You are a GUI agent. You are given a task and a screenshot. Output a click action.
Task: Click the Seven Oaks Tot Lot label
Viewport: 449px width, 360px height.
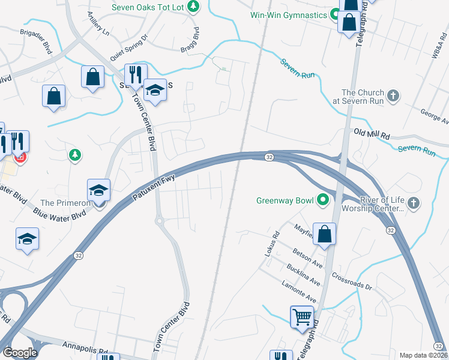(x=147, y=7)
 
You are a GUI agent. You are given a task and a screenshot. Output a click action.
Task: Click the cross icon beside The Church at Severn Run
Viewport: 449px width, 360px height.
(x=393, y=97)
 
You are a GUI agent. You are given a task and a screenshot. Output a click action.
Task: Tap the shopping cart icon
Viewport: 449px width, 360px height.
(x=303, y=316)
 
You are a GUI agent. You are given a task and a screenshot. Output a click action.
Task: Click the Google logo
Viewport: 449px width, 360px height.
(x=20, y=352)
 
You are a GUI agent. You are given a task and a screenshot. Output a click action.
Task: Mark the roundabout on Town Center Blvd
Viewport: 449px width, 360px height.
(x=160, y=221)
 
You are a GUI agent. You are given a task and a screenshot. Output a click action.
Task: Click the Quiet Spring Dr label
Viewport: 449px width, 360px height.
(x=128, y=49)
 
